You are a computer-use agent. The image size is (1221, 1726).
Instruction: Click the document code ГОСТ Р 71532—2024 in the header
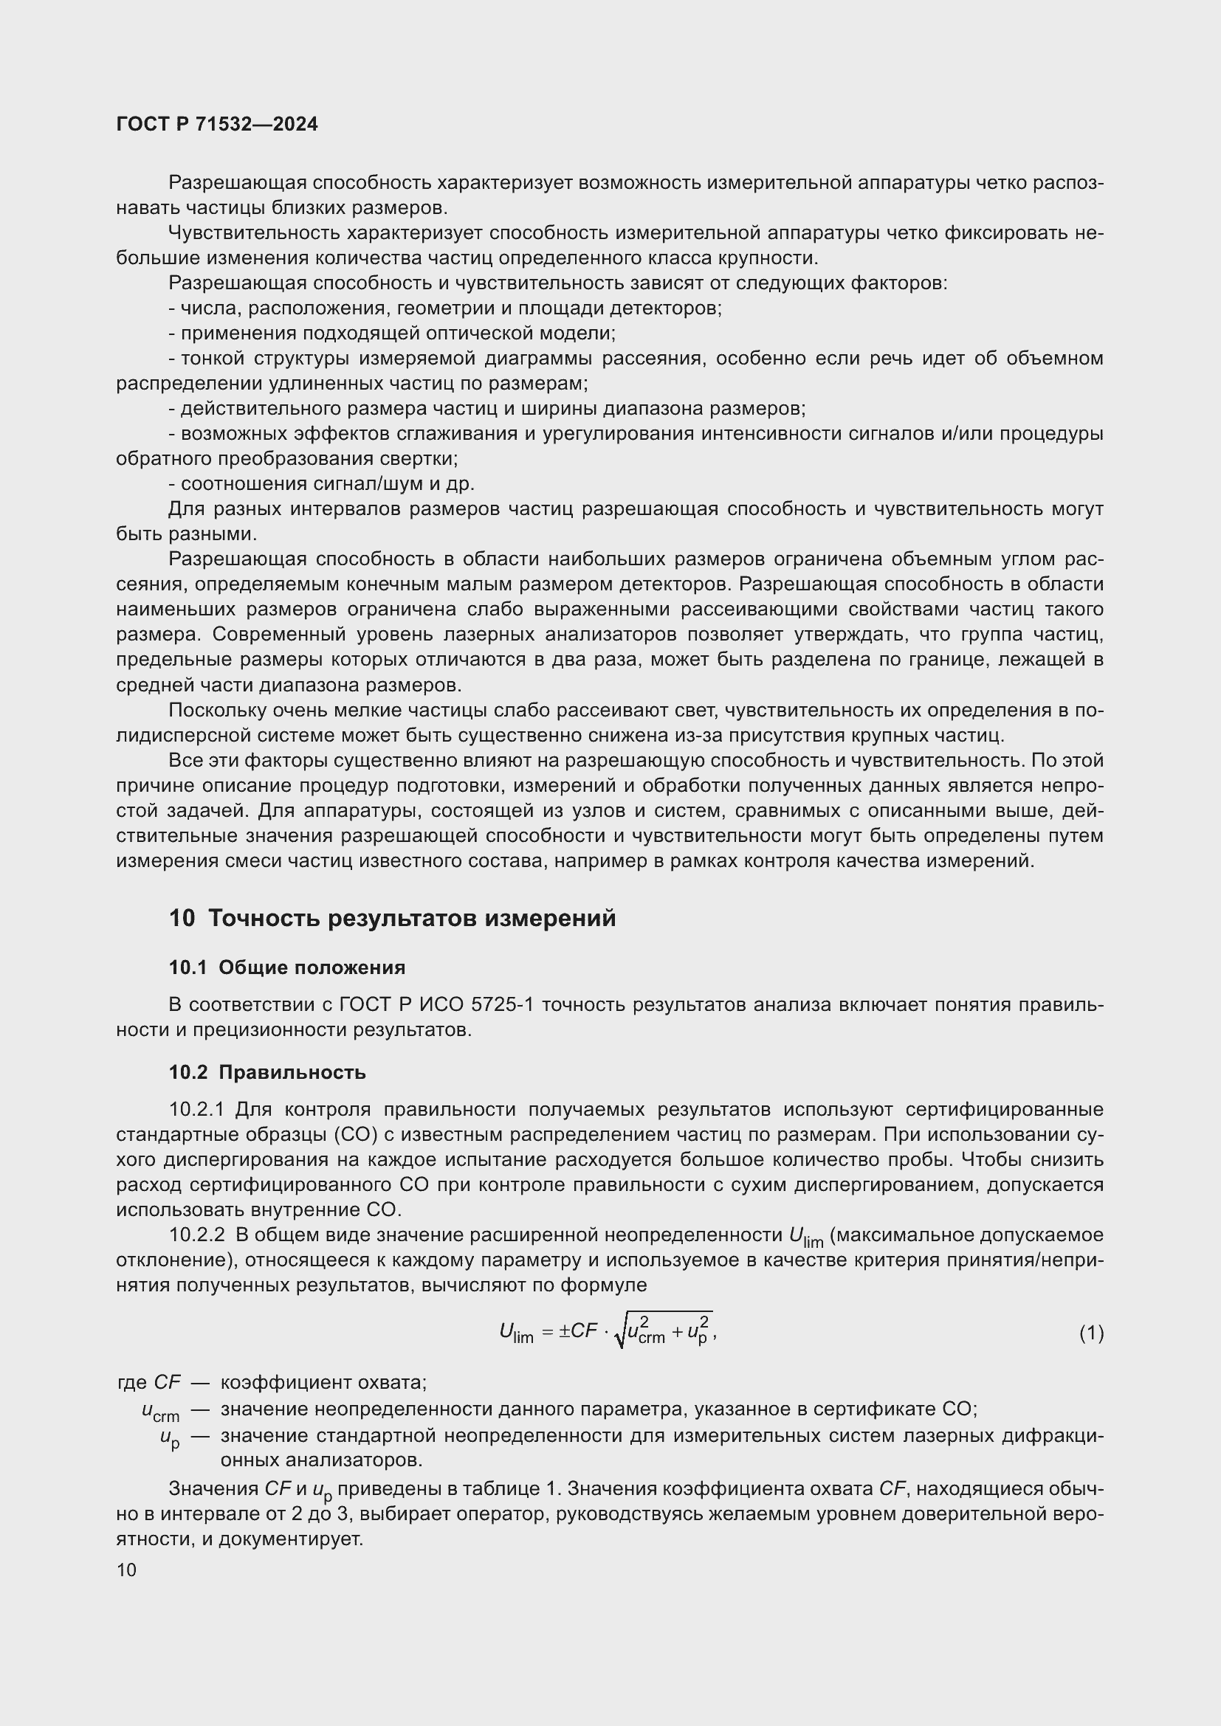(217, 125)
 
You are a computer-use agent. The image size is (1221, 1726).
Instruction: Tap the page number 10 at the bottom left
(126, 1570)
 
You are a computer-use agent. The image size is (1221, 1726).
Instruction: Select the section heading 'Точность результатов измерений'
(411, 919)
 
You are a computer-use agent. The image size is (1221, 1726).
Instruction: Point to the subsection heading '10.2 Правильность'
(267, 1073)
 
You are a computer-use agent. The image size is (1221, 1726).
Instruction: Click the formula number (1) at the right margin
(1091, 1333)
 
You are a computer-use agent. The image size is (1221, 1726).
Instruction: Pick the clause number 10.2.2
(197, 1235)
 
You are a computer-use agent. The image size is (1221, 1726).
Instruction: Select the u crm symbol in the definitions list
(160, 1412)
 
